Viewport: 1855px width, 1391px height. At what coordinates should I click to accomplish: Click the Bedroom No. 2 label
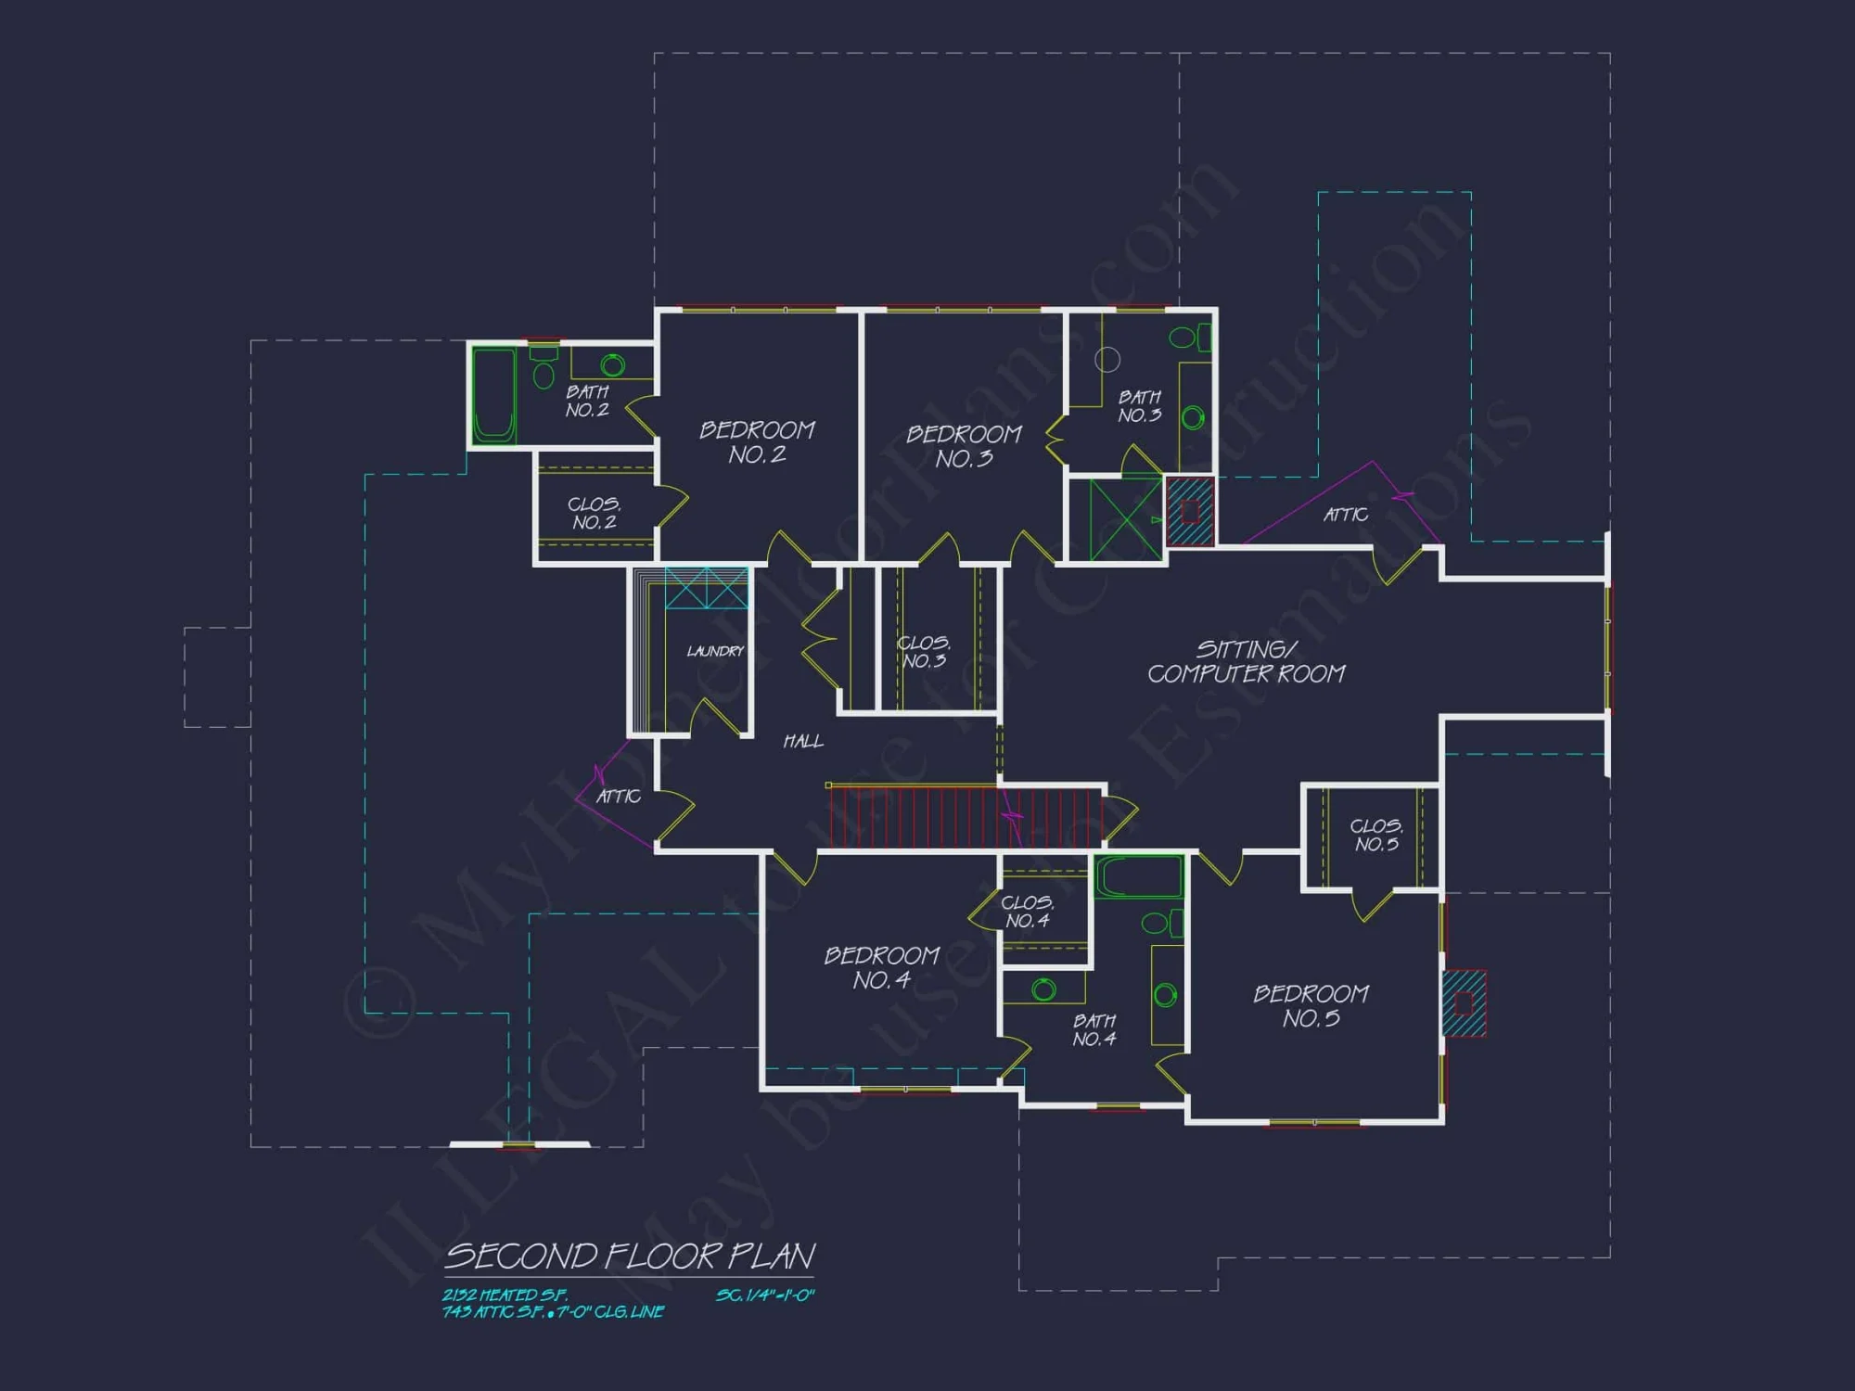[757, 442]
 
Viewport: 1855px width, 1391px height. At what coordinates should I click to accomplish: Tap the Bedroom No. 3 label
[964, 446]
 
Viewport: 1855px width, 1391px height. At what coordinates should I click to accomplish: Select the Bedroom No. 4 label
[882, 967]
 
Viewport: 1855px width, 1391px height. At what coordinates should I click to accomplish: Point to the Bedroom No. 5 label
[1311, 1006]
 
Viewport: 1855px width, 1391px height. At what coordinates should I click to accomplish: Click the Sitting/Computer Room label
[1246, 662]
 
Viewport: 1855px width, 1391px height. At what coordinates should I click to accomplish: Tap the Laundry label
[715, 651]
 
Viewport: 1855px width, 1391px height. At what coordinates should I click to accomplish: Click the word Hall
[803, 741]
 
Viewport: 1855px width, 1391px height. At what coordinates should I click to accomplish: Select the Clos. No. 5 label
[1376, 835]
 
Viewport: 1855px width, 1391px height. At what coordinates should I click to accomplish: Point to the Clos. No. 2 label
[595, 513]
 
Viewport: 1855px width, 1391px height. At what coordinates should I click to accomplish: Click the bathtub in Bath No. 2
[493, 396]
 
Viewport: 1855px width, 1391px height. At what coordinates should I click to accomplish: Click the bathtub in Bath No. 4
[1139, 876]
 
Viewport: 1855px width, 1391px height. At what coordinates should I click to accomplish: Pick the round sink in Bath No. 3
[1194, 417]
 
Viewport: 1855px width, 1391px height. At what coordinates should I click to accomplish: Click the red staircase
[965, 816]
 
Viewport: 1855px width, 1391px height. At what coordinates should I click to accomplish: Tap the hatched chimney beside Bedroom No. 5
[1464, 1003]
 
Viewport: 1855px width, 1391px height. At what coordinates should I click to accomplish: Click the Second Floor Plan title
[630, 1257]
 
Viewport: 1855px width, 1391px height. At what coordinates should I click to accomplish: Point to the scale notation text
[765, 1295]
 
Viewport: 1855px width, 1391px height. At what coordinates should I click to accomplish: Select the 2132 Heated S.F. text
[505, 1295]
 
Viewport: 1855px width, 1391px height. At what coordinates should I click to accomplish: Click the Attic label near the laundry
[619, 797]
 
